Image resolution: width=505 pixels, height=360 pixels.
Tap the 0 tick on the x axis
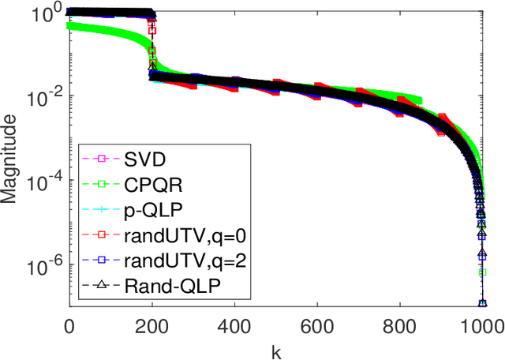[69, 324]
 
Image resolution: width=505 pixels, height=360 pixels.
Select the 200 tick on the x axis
[152, 324]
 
